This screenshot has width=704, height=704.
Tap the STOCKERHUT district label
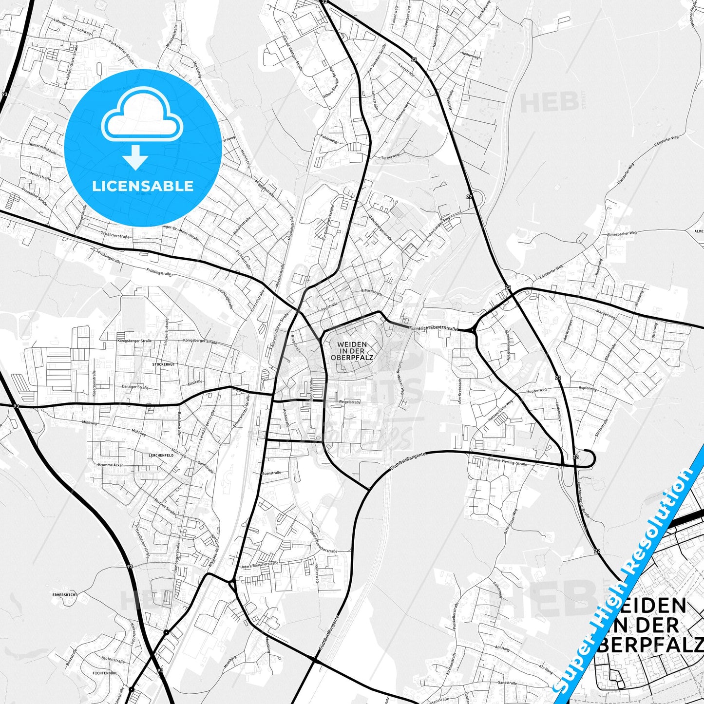pyautogui.click(x=163, y=364)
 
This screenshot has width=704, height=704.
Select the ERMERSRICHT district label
pyautogui.click(x=65, y=595)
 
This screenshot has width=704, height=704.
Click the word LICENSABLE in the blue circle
pyautogui.click(x=143, y=186)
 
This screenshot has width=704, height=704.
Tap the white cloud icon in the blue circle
pyautogui.click(x=142, y=115)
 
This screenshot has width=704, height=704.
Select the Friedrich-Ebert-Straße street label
pyautogui.click(x=434, y=329)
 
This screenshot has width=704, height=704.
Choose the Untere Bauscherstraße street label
pyautogui.click(x=259, y=565)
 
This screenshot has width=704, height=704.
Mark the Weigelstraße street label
pyautogui.click(x=349, y=402)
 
